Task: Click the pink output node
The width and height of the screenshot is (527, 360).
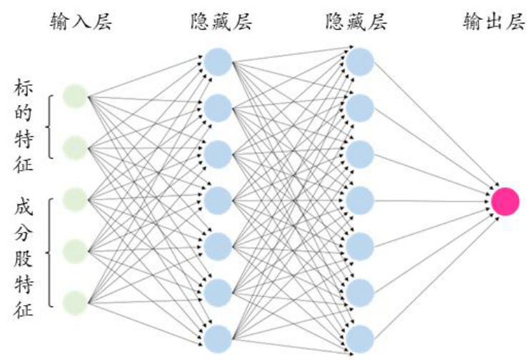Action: (505, 201)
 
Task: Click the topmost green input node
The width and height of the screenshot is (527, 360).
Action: (74, 96)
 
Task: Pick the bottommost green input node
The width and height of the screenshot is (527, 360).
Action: (74, 301)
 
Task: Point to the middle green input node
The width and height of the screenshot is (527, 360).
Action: (74, 199)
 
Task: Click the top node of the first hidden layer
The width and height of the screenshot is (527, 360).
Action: (217, 62)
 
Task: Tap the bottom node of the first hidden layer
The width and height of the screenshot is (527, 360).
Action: (217, 338)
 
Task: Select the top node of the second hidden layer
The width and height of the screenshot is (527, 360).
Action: (360, 62)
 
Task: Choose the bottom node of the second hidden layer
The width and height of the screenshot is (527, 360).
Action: (360, 338)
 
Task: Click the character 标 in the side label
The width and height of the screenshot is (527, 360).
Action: (23, 89)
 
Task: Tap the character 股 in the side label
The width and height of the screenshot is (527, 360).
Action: (23, 264)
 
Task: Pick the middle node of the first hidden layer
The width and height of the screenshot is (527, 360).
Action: (217, 200)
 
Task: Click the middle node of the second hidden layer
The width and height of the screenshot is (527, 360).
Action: (360, 200)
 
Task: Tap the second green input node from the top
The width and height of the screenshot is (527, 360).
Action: (74, 147)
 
